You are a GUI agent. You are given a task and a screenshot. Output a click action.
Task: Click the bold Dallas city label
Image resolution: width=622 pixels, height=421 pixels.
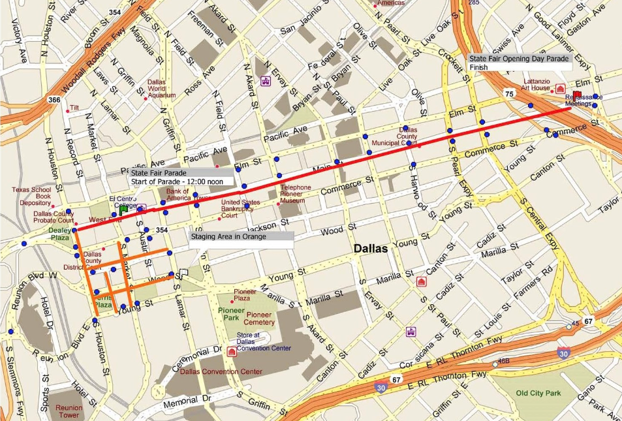click(x=371, y=249)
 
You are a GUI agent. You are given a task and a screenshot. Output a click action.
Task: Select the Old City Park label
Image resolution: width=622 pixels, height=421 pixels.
click(x=538, y=393)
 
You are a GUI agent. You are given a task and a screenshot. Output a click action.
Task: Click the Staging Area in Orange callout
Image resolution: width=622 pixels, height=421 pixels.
click(x=241, y=236)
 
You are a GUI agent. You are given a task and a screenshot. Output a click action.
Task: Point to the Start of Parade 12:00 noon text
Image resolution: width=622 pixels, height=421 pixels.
click(x=177, y=181)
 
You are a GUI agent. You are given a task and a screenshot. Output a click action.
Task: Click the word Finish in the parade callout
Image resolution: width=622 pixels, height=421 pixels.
click(x=478, y=67)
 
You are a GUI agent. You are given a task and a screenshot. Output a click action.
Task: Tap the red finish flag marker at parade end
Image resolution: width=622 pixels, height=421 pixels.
click(x=576, y=95)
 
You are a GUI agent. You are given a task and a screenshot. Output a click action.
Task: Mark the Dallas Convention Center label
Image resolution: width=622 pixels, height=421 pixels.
click(x=221, y=371)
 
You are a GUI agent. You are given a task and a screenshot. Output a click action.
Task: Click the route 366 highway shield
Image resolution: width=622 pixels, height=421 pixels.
click(x=54, y=100)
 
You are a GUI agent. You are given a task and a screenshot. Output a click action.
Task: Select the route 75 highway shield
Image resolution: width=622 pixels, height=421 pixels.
click(x=508, y=94)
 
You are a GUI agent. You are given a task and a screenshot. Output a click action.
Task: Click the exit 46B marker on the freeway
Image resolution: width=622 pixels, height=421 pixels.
click(x=503, y=360)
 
